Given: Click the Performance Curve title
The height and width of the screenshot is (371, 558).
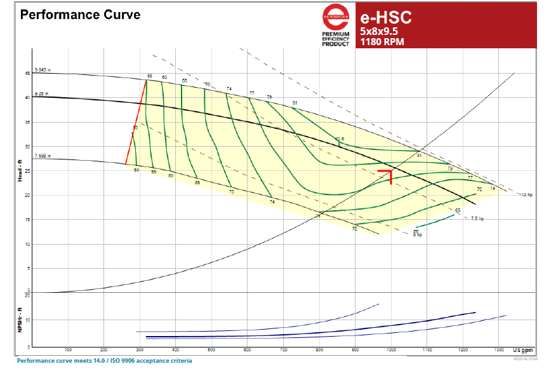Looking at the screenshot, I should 80,14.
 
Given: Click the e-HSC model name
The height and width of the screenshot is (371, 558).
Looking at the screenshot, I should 385,17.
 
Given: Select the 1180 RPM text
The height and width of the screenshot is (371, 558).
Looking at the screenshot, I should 382,43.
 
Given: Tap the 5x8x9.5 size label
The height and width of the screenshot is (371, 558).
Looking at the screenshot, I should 380,30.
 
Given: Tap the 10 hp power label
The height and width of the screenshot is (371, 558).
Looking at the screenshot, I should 526,194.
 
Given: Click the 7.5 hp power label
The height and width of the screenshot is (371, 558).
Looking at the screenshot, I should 478,219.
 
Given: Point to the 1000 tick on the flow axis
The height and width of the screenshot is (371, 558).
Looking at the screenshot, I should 392,350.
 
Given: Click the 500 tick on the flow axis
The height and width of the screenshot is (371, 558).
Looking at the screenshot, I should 211,350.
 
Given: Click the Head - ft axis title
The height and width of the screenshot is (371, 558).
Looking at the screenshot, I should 20,172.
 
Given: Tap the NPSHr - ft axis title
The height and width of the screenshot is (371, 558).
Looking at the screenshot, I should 20,320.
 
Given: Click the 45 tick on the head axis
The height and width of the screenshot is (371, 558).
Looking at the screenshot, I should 27,74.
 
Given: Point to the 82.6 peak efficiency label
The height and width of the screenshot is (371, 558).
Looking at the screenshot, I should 340,138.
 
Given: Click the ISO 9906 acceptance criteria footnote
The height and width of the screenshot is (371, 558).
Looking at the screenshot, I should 104,361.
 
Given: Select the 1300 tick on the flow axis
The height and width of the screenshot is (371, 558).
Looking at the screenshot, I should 500,350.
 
